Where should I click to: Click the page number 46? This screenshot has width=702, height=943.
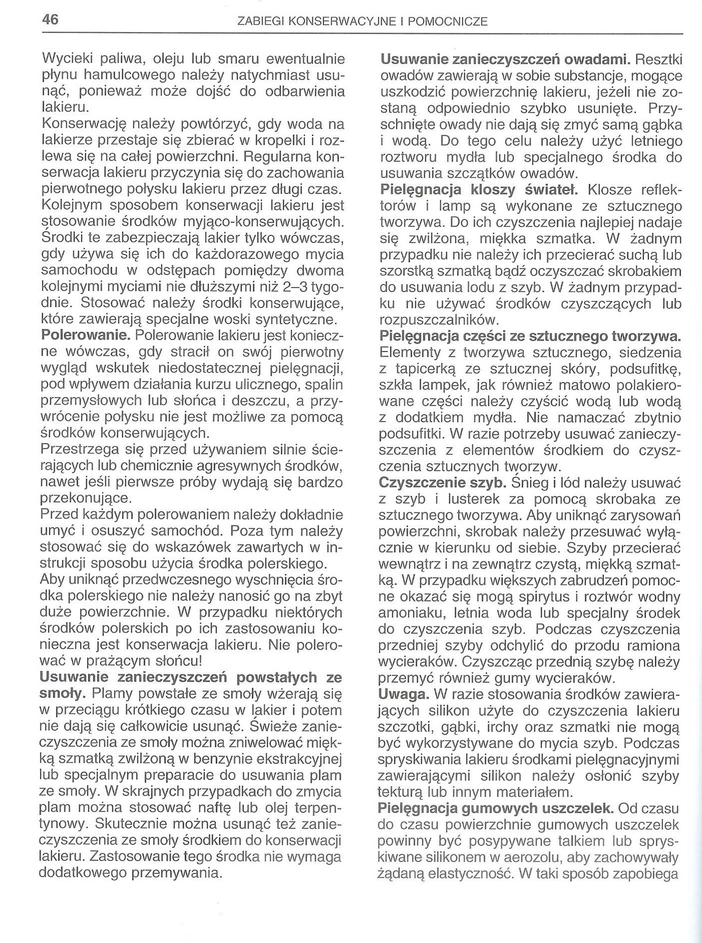(x=50, y=20)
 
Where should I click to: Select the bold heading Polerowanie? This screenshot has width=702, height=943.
(x=85, y=335)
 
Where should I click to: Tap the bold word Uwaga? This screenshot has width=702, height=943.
(x=405, y=694)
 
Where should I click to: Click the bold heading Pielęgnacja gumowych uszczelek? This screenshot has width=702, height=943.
(x=498, y=808)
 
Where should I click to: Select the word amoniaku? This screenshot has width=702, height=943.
(x=412, y=613)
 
